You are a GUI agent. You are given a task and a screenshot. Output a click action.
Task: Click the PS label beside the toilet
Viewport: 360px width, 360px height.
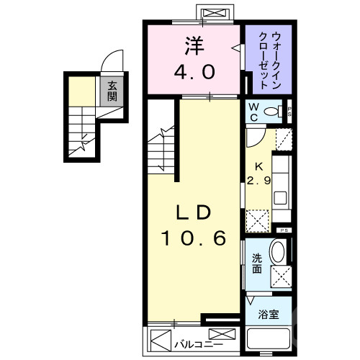289,111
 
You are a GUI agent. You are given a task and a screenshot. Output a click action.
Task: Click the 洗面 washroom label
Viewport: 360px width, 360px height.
256,265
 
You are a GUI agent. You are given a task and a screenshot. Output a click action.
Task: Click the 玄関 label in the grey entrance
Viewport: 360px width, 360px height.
112,91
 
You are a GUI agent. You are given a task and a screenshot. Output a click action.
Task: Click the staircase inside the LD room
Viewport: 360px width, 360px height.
164,144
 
